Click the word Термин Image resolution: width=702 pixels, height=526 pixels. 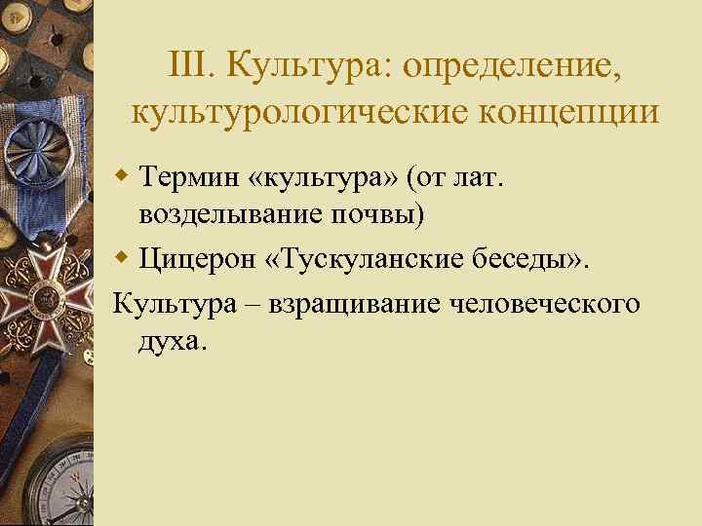191,177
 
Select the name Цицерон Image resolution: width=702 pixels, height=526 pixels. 201,259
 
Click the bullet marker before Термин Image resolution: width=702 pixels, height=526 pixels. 122,178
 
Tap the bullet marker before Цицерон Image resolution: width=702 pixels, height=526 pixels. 122,260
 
